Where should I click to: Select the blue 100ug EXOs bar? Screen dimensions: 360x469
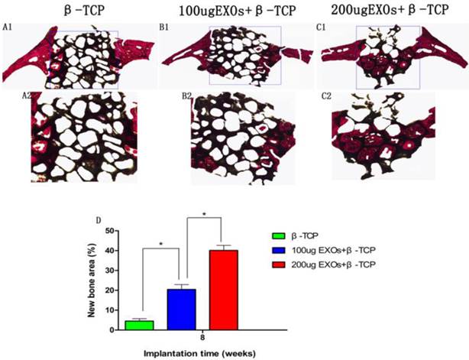[x=182, y=310]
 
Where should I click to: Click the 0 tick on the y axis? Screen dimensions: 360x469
[x=112, y=330]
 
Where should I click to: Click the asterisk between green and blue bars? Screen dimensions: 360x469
[x=160, y=244]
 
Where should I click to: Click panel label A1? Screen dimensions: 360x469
[x=9, y=28]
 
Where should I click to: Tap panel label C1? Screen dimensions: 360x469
[x=326, y=28]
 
